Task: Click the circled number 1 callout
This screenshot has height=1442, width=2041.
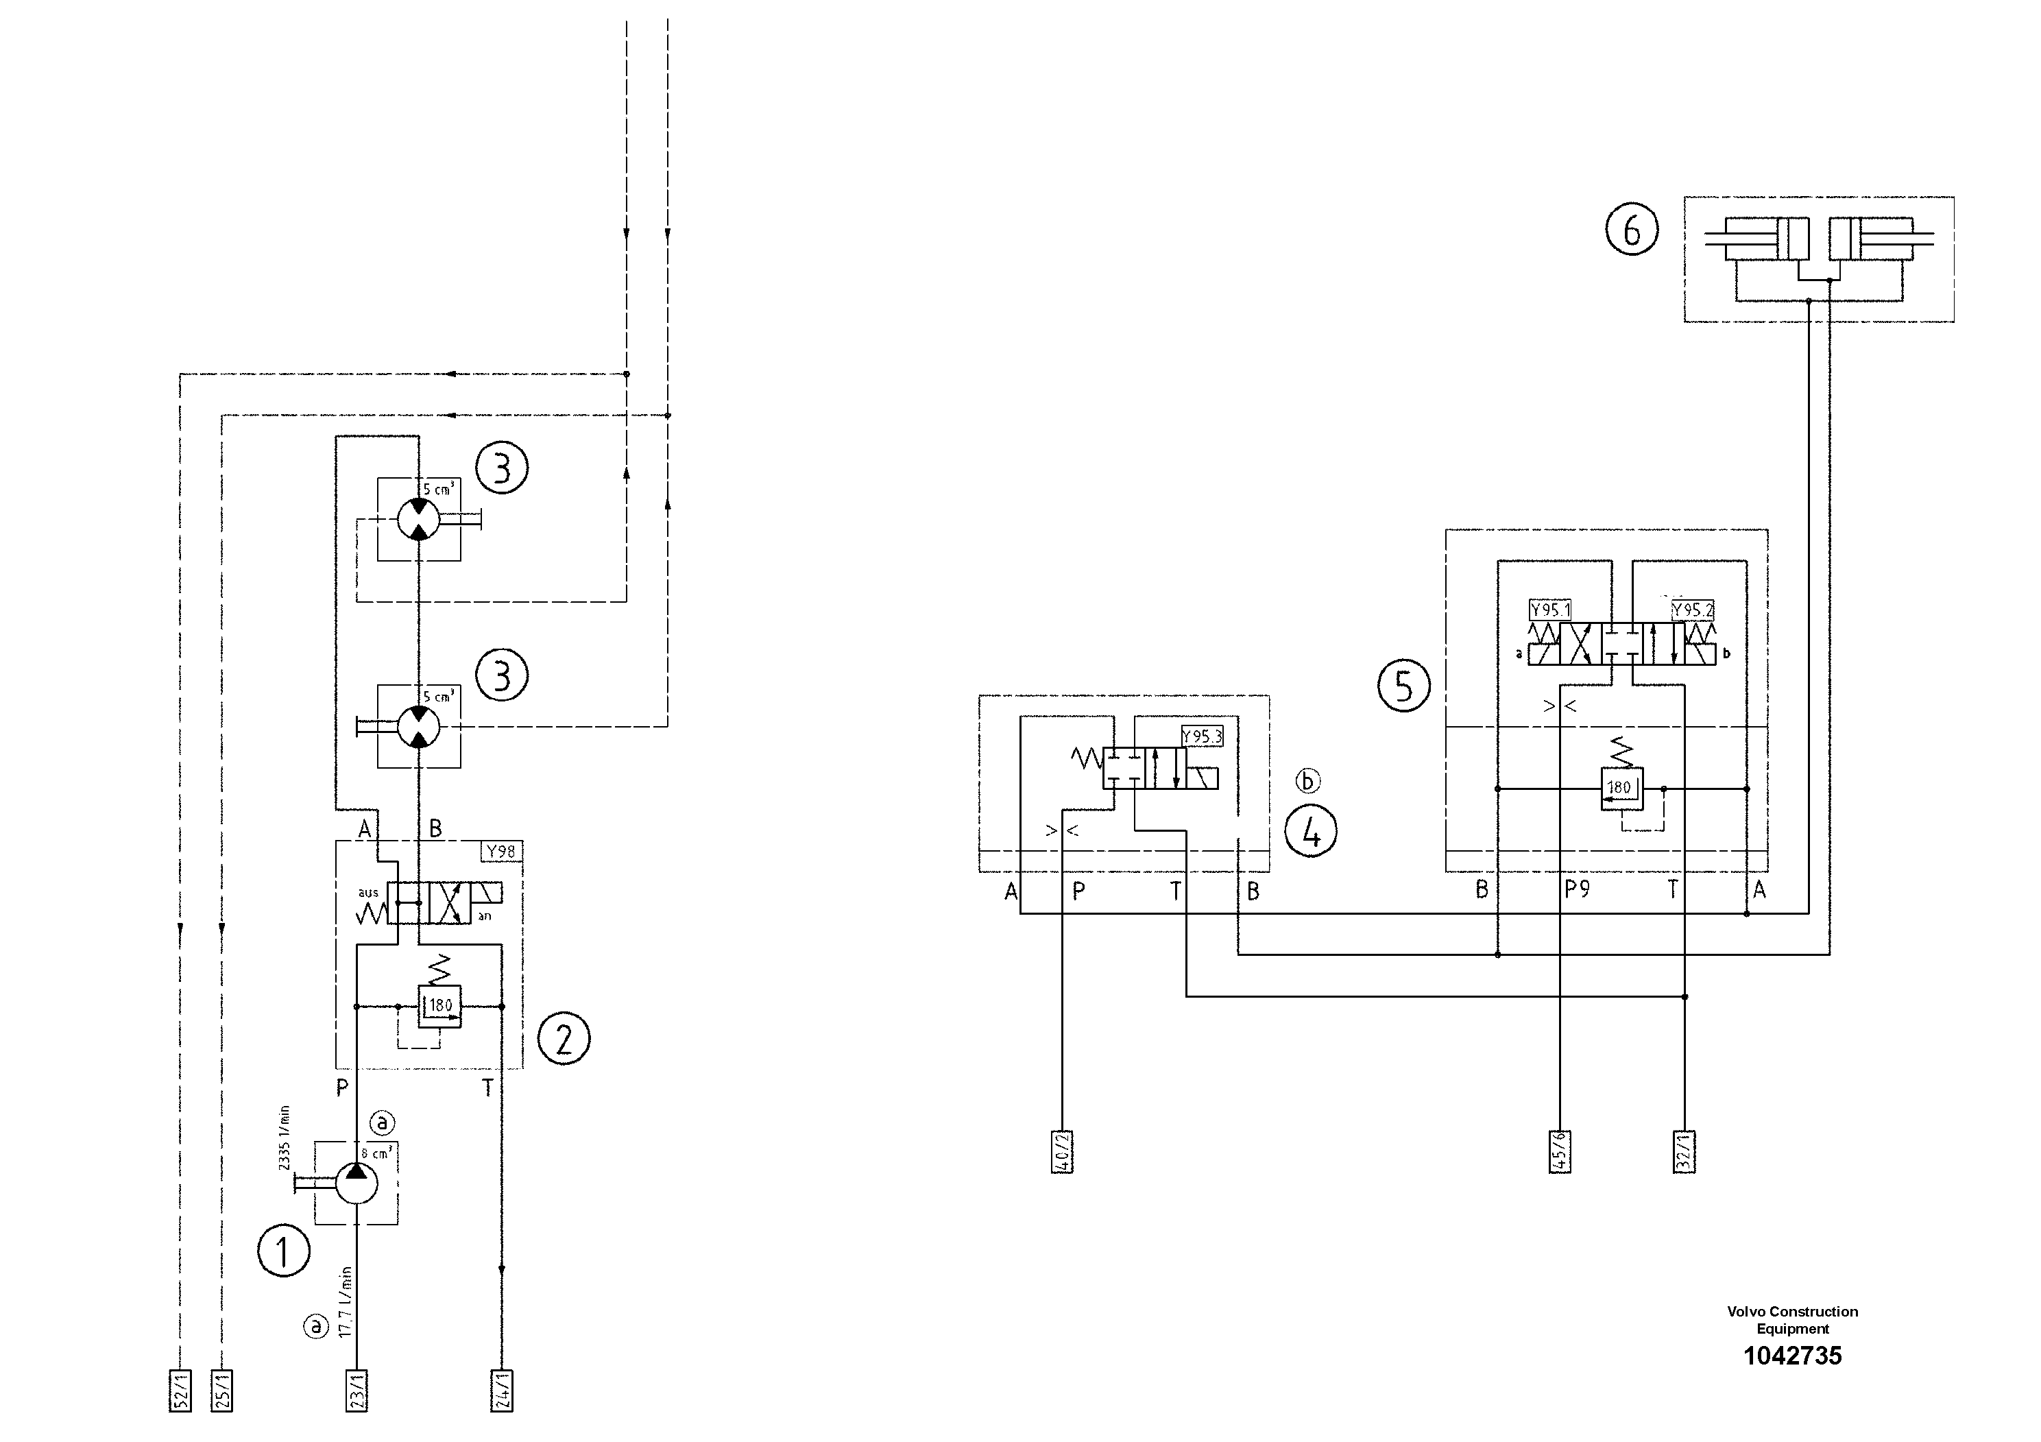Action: point(284,1252)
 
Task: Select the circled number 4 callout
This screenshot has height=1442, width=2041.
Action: point(1311,833)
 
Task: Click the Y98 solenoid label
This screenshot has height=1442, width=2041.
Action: point(500,852)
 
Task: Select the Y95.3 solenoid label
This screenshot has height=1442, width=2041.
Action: point(1202,737)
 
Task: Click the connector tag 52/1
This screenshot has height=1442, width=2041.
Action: point(180,1391)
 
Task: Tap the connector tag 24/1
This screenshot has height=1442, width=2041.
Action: point(501,1391)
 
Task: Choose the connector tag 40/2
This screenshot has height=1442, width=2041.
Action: point(1062,1152)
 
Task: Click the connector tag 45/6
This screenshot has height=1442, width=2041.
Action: point(1560,1152)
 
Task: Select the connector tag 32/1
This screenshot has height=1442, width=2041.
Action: point(1684,1152)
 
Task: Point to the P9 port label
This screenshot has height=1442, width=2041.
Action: point(1577,890)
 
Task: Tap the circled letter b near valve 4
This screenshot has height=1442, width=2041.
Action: point(1307,780)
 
